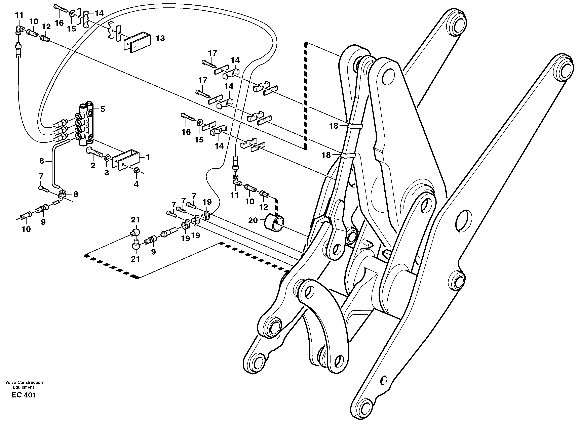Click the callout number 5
click(x=103, y=109)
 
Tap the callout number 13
click(x=161, y=38)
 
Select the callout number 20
click(x=253, y=220)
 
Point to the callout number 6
click(x=42, y=161)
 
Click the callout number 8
click(x=76, y=194)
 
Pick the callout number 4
click(x=136, y=184)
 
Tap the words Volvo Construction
click(x=24, y=382)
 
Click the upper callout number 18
click(x=334, y=126)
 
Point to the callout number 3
click(x=107, y=173)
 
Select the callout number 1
click(x=148, y=157)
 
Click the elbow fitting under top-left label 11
click(x=19, y=29)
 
